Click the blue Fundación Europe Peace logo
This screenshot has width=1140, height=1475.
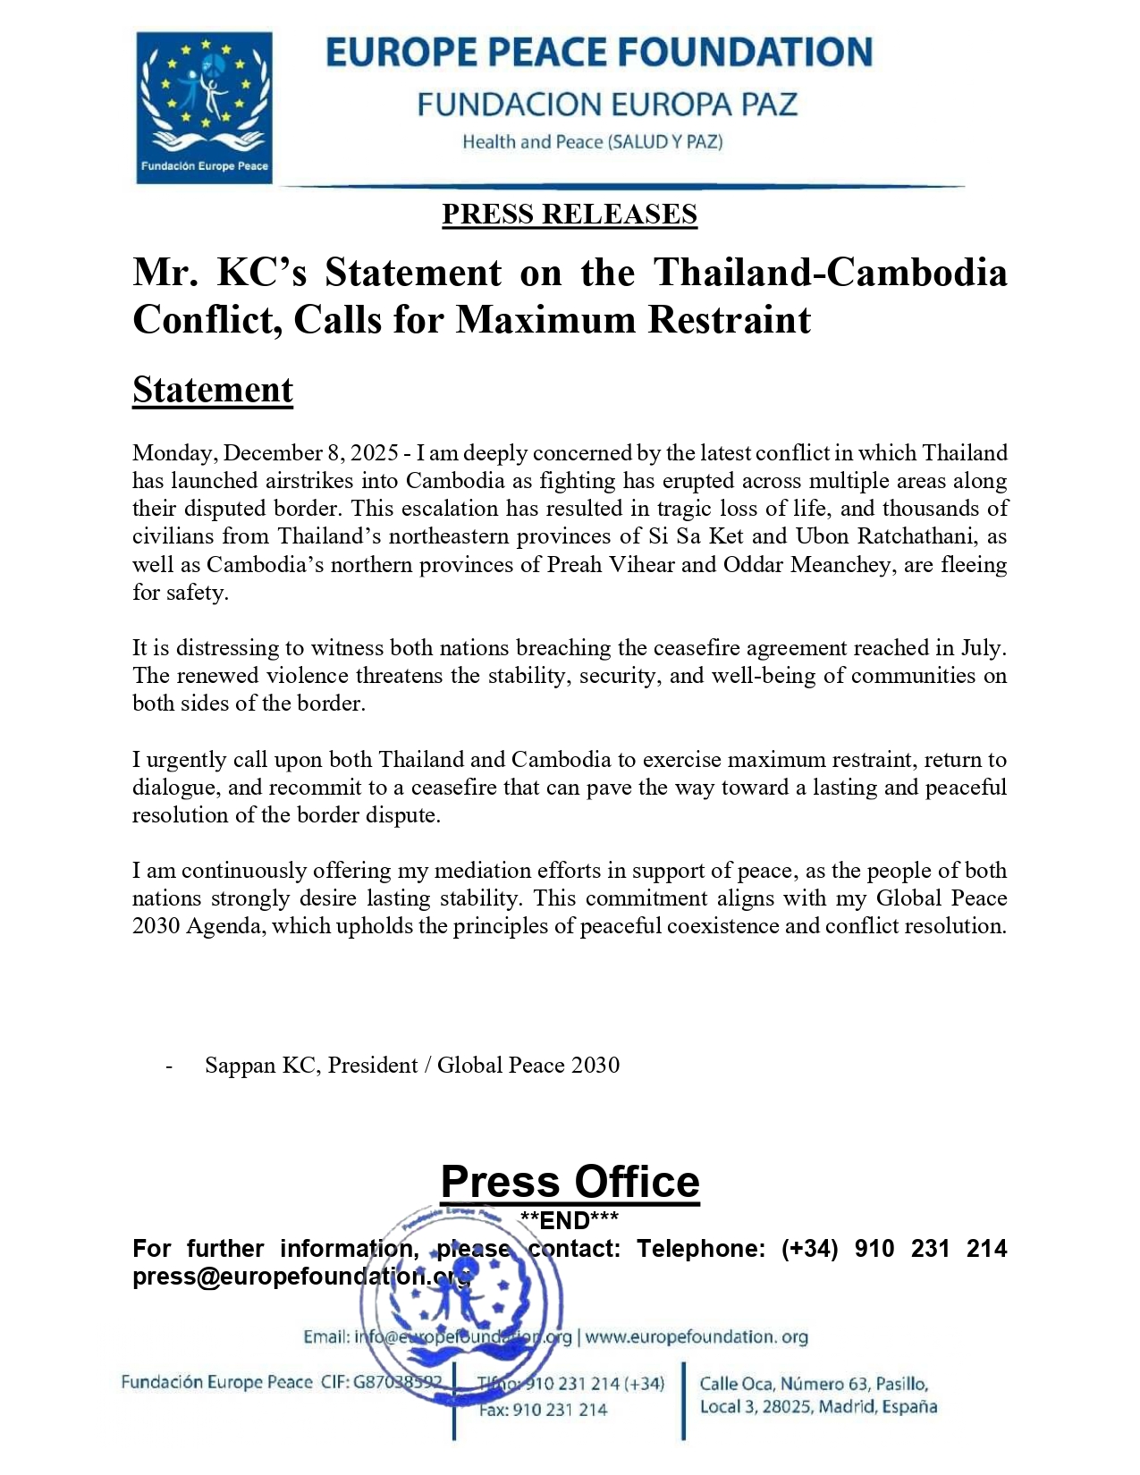pyautogui.click(x=204, y=107)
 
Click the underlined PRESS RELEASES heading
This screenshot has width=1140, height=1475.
pyautogui.click(x=570, y=215)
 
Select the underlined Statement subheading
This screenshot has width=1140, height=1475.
pyautogui.click(x=213, y=391)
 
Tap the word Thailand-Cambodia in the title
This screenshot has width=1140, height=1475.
pyautogui.click(x=830, y=272)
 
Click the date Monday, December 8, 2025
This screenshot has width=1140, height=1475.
pyautogui.click(x=265, y=453)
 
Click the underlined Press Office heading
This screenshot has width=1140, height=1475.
pyautogui.click(x=570, y=1182)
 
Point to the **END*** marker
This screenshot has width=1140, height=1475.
pyautogui.click(x=569, y=1221)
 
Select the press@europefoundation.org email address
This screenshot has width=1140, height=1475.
pyautogui.click(x=301, y=1277)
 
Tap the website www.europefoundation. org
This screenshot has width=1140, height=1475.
pyautogui.click(x=697, y=1337)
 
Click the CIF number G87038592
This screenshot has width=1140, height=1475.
pyautogui.click(x=398, y=1383)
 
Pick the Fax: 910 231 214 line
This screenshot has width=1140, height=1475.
pyautogui.click(x=543, y=1411)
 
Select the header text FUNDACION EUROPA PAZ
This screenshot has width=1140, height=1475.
pyautogui.click(x=607, y=105)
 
